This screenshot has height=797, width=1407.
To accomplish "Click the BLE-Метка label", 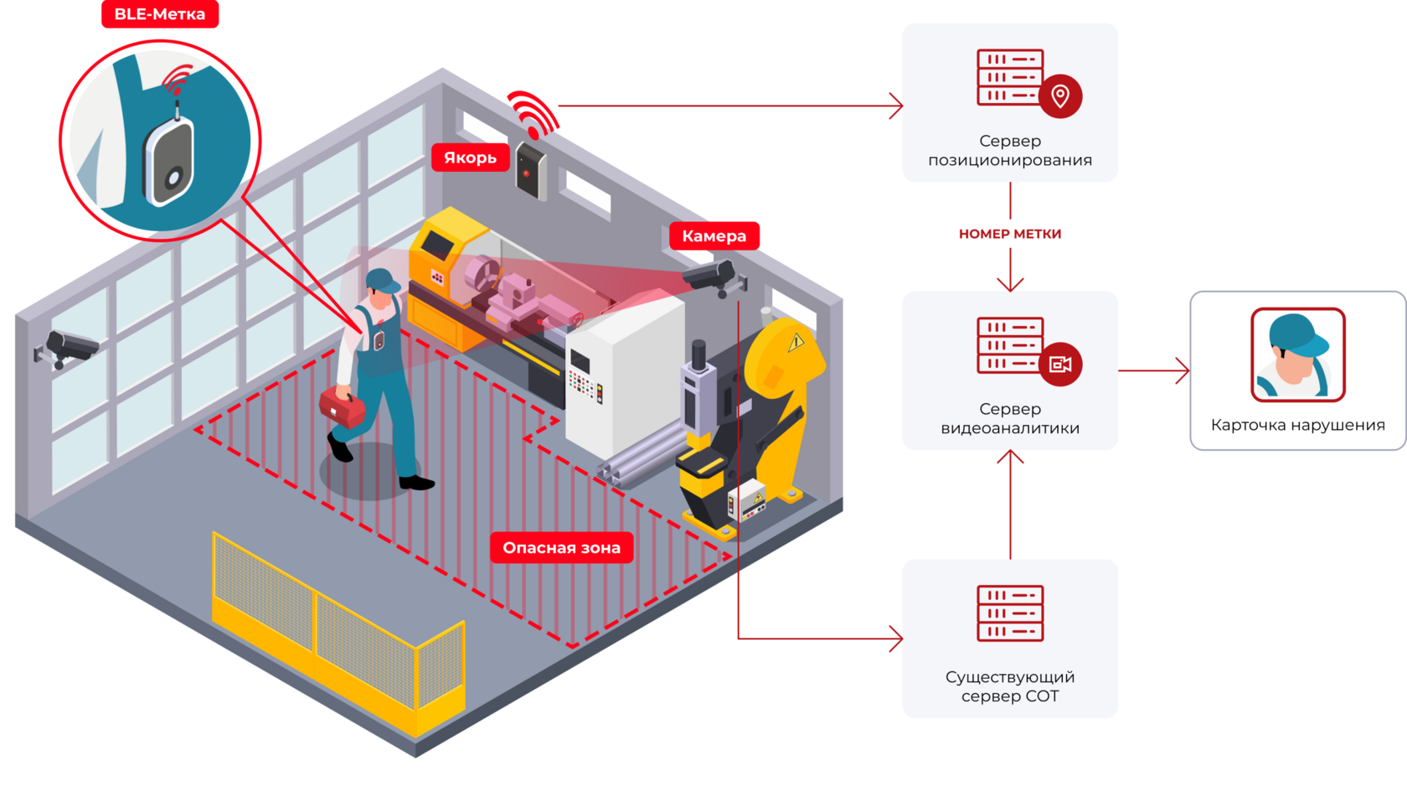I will point(159,14).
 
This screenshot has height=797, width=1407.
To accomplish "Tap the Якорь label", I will point(470,158).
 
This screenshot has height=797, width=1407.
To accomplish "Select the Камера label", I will point(714,236).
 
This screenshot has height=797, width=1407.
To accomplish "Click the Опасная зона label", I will point(561,548).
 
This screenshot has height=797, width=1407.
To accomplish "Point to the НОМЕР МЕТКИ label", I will point(1009,234).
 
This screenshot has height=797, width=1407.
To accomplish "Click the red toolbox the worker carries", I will point(342,407).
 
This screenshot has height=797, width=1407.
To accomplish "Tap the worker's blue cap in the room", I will point(382,281).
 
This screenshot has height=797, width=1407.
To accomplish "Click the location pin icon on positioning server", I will point(1059,96).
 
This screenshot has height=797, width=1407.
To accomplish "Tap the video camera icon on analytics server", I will point(1060,364).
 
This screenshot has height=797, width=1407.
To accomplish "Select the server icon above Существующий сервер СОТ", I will point(1010,613).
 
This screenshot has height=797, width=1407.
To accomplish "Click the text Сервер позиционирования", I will point(1010,151).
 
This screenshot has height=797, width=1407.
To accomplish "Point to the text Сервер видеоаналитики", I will point(1010,419).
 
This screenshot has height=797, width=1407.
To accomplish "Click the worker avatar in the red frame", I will point(1297,355).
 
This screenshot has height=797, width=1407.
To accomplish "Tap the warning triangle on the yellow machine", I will point(796,341).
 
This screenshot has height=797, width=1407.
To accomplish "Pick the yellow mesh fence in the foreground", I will point(335,629).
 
